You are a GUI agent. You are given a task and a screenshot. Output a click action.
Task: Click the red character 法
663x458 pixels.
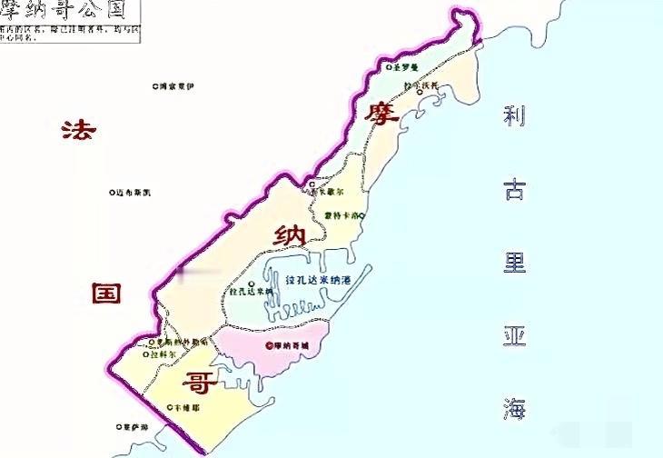click(77, 130)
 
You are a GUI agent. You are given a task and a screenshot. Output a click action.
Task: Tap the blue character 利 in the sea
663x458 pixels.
click(516, 116)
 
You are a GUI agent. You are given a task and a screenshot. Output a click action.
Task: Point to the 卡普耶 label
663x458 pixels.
click(187, 408)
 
